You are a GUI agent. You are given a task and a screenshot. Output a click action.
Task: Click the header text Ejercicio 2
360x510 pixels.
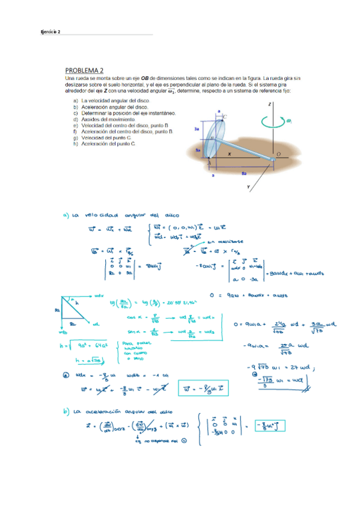click(x=50, y=32)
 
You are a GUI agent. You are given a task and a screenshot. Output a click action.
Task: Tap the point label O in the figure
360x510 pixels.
click(x=278, y=155)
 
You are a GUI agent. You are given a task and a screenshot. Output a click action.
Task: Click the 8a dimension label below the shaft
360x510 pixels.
click(x=242, y=173)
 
